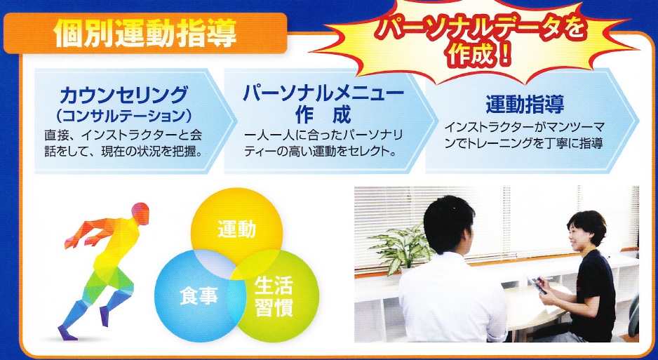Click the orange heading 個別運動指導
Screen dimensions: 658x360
tap(145, 34)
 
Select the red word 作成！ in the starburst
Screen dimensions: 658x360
tap(480, 55)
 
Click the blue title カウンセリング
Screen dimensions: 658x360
tap(123, 95)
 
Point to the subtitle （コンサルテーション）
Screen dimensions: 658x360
tap(123, 116)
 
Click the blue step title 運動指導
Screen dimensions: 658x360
tap(525, 105)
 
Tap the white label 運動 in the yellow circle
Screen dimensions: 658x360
tap(236, 229)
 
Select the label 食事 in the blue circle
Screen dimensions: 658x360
tap(199, 296)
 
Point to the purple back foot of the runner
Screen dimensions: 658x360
tap(67, 333)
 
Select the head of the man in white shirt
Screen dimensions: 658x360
tap(448, 225)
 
